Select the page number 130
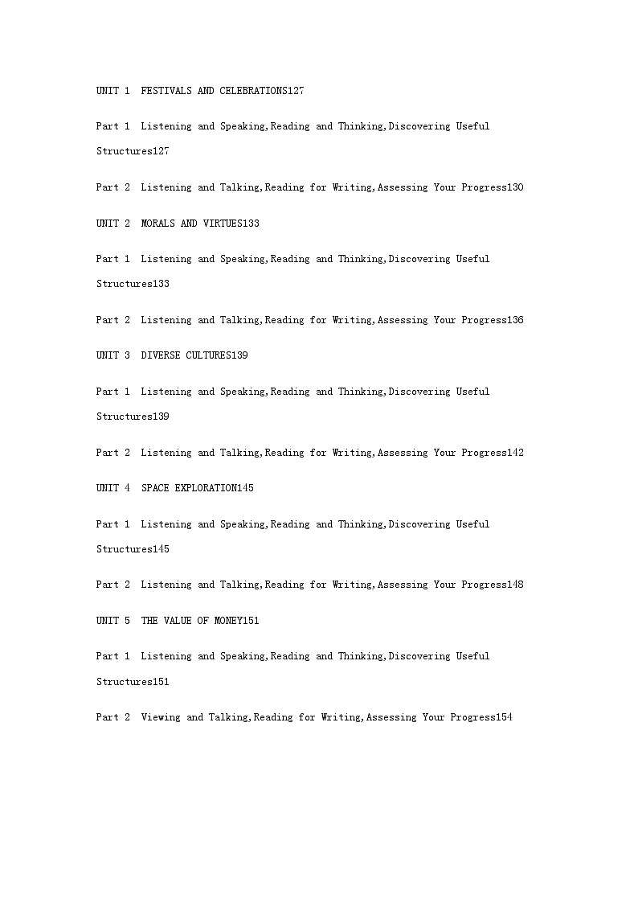515,187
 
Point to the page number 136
515,320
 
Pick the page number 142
515,453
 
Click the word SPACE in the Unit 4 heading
155,488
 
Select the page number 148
515,585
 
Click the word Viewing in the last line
161,717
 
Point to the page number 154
504,717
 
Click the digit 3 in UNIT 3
127,355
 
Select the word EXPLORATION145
215,488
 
